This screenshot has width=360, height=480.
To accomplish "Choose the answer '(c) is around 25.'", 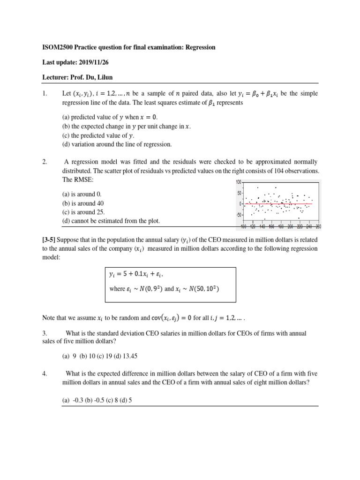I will coord(84,212).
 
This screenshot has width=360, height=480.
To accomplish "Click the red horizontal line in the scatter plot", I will coord(279,204).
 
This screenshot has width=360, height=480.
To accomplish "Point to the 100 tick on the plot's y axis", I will coord(239,182).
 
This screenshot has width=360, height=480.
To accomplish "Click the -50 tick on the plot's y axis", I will coord(238,215).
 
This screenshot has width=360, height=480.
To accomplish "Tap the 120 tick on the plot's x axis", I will coord(253,226).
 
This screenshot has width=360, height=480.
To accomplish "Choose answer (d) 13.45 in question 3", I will coord(125,356).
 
